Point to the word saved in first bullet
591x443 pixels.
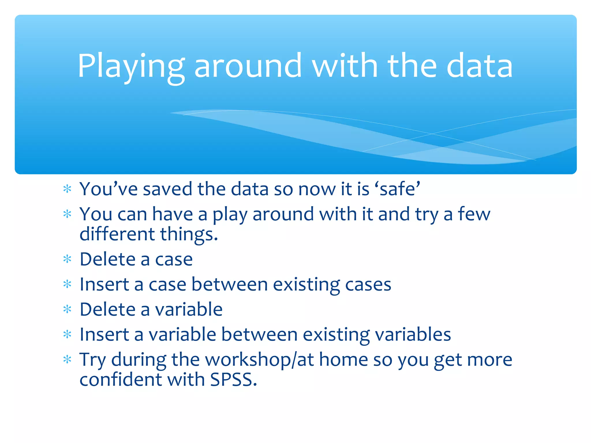click(x=167, y=189)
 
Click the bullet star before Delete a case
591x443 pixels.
click(x=67, y=259)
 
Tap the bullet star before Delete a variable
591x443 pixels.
click(x=67, y=310)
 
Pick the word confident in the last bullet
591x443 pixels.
click(x=120, y=380)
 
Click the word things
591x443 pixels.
click(x=189, y=234)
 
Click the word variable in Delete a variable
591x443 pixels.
click(x=189, y=310)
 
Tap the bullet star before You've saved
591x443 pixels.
click(x=67, y=189)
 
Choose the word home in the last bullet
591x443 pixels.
click(x=343, y=360)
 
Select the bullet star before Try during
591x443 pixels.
click(x=67, y=360)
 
